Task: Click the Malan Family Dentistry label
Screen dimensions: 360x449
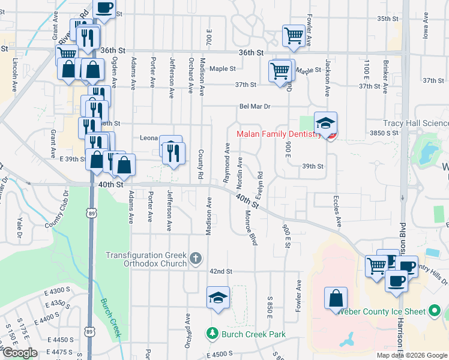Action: (x=279, y=134)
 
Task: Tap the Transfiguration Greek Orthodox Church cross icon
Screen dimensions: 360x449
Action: (x=195, y=259)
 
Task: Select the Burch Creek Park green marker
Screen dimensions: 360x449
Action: (x=211, y=333)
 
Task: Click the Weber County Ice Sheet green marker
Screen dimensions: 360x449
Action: (x=435, y=311)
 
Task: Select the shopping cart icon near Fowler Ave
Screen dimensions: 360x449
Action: (x=294, y=35)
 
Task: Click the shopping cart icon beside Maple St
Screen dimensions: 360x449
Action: (x=280, y=71)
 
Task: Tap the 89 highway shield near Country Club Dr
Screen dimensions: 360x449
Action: (x=90, y=213)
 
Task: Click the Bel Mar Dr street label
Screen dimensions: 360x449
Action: (x=255, y=106)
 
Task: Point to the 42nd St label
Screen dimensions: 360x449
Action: (x=220, y=271)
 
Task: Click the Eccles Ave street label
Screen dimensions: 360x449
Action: (x=339, y=211)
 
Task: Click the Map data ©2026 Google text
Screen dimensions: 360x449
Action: (x=411, y=355)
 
